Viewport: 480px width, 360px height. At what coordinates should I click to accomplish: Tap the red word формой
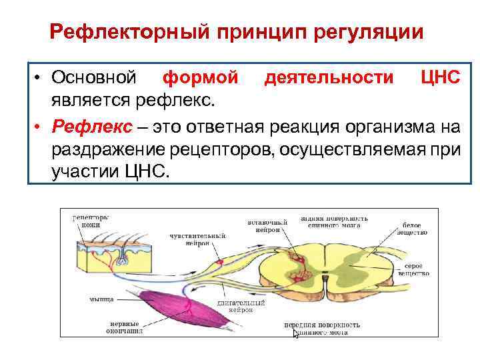tap(201, 78)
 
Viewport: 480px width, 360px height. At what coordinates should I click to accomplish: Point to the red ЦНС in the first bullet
tap(441, 78)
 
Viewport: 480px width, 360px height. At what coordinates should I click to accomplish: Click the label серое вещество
tap(414, 269)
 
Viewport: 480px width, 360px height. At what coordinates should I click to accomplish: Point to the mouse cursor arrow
tap(297, 333)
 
